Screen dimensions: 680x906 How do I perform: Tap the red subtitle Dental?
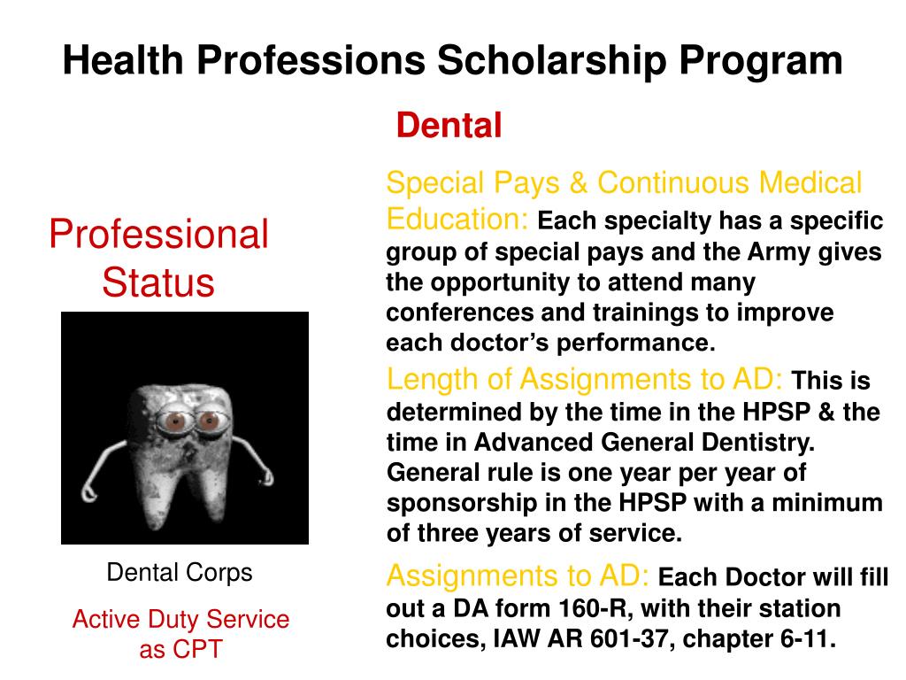(449, 126)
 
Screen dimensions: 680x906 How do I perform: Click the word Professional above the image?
(158, 235)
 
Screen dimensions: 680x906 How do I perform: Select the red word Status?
(158, 282)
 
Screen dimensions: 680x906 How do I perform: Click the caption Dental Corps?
(180, 572)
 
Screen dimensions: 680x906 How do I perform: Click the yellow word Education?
(457, 219)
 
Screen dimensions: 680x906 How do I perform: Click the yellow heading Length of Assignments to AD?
(585, 380)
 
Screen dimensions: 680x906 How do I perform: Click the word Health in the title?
(123, 61)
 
